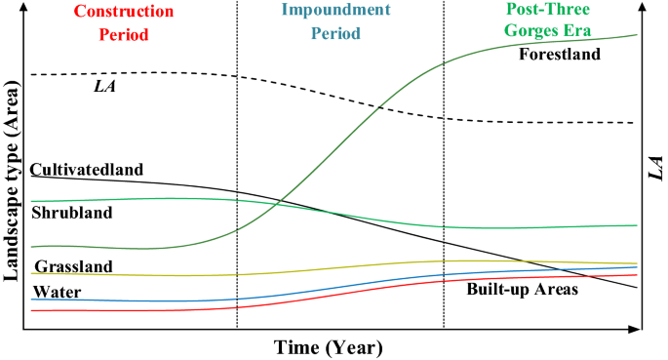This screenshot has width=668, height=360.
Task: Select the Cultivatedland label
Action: (87, 169)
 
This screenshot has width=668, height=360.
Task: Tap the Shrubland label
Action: (72, 213)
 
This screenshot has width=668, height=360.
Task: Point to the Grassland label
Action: (74, 266)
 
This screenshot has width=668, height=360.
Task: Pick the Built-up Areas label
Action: (523, 290)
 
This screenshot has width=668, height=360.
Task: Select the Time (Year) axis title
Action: (328, 347)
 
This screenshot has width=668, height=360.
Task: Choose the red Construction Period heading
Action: (109, 23)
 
